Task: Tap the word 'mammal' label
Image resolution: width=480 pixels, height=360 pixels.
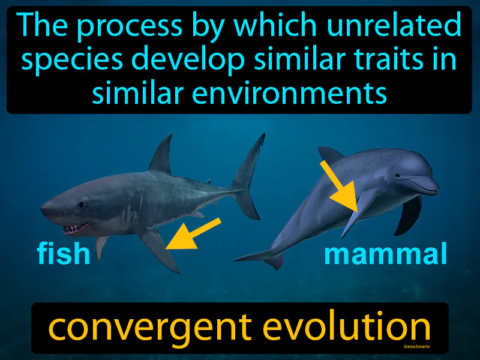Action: (x=385, y=254)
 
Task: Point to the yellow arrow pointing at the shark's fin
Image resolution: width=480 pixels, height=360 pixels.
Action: (x=193, y=233)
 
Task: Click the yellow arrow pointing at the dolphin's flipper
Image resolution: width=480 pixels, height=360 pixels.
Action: (x=340, y=186)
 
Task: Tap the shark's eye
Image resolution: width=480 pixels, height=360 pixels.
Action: (x=81, y=205)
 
